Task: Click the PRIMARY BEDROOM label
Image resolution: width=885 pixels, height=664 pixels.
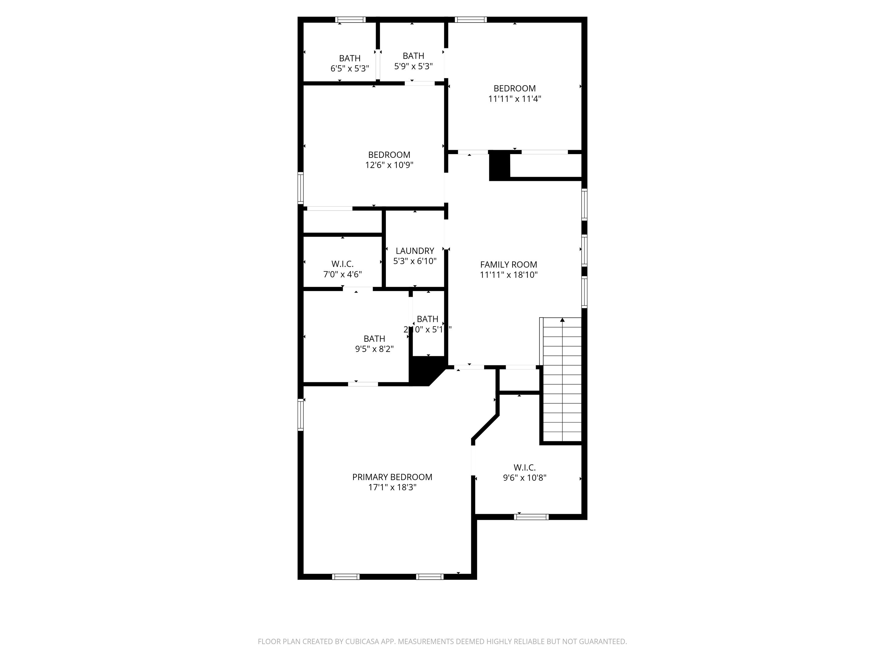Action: click(x=392, y=477)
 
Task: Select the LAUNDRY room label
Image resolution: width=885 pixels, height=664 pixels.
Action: click(x=414, y=251)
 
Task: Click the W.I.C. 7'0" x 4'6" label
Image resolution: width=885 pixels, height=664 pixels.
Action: click(x=342, y=269)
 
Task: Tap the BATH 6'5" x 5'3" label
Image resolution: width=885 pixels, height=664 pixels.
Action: click(x=349, y=63)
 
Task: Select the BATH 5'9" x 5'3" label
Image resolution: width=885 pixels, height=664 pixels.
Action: click(x=413, y=61)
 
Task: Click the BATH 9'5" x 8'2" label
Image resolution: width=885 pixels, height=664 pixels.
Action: click(x=374, y=344)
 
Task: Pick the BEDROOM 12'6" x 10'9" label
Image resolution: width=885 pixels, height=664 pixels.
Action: click(x=389, y=160)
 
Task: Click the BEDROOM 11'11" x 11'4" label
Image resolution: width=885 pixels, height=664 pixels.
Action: click(x=514, y=93)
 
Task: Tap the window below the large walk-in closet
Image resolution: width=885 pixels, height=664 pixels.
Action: click(x=531, y=517)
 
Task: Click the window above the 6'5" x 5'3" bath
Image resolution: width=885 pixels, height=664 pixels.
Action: click(x=350, y=19)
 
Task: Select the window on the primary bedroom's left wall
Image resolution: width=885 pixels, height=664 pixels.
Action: click(x=301, y=415)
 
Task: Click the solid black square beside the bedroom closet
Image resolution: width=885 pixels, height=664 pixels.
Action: click(x=499, y=166)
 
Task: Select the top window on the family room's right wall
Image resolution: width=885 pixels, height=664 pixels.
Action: click(x=584, y=204)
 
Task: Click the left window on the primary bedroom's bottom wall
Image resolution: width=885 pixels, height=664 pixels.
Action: click(x=346, y=577)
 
